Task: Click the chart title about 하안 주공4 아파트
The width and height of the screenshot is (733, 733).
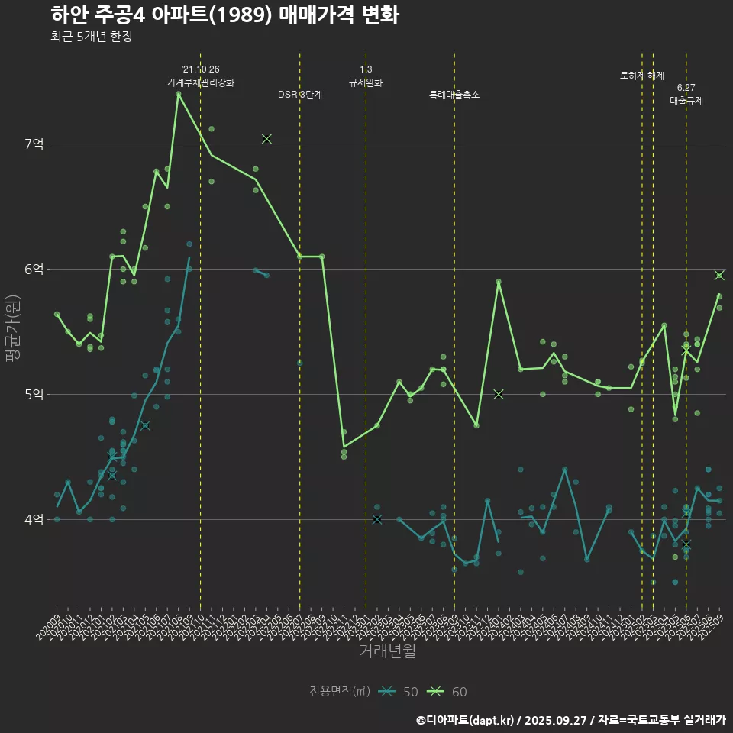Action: (224, 15)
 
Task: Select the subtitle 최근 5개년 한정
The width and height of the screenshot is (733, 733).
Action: (92, 37)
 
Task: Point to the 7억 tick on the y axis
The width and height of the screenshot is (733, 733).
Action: (34, 144)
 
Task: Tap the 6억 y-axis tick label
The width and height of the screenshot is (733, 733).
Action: (34, 269)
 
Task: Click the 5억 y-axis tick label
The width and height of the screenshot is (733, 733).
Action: (34, 394)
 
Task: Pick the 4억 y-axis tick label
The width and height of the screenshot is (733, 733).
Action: (34, 519)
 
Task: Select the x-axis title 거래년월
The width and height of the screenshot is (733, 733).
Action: (387, 651)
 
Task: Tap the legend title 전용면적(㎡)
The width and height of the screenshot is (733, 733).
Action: (340, 692)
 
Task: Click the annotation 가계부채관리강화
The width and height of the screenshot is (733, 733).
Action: (201, 82)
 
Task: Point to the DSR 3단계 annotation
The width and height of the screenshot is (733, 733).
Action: (300, 95)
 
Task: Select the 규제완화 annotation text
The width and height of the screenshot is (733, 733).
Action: (366, 82)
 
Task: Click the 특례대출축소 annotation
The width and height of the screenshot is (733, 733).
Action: (454, 95)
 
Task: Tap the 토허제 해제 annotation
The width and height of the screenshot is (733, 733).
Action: (642, 76)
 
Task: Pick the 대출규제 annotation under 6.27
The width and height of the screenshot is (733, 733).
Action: (686, 101)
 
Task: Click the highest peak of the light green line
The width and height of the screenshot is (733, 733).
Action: (179, 94)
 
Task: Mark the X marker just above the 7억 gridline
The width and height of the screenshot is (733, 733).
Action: (266, 139)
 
